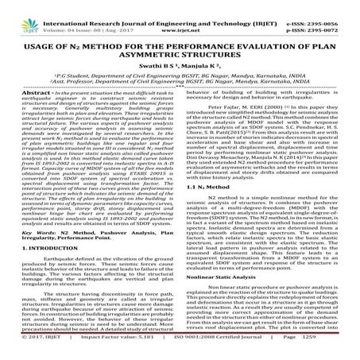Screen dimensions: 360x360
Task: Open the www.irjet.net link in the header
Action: tap(181, 15)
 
